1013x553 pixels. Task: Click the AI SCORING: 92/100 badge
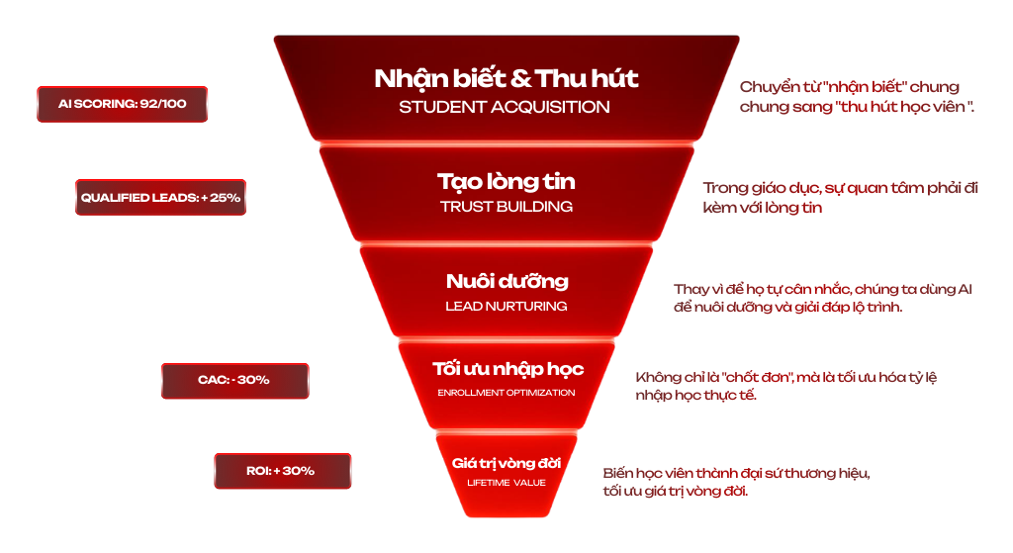pyautogui.click(x=122, y=104)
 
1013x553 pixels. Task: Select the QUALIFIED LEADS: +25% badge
pyautogui.click(x=160, y=197)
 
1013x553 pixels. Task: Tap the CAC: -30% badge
pyautogui.click(x=233, y=380)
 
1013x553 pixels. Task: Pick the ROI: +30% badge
pyautogui.click(x=281, y=471)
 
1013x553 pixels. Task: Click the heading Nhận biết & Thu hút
pyautogui.click(x=506, y=78)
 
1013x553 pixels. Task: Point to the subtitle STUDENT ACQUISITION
pyautogui.click(x=505, y=106)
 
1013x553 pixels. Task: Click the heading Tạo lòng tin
pyautogui.click(x=506, y=182)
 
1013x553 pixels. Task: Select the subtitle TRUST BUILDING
pyautogui.click(x=506, y=207)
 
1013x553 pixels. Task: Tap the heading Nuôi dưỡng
pyautogui.click(x=506, y=281)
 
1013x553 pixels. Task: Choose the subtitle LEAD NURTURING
pyautogui.click(x=506, y=307)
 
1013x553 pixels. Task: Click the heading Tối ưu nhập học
pyautogui.click(x=507, y=369)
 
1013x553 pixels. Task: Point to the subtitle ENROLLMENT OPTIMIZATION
pyautogui.click(x=506, y=393)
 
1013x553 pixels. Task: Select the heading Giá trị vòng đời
pyautogui.click(x=506, y=462)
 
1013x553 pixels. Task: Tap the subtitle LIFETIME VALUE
pyautogui.click(x=506, y=483)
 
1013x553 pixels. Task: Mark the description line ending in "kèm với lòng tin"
pyautogui.click(x=763, y=209)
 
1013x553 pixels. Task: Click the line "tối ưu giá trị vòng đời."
pyautogui.click(x=676, y=492)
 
